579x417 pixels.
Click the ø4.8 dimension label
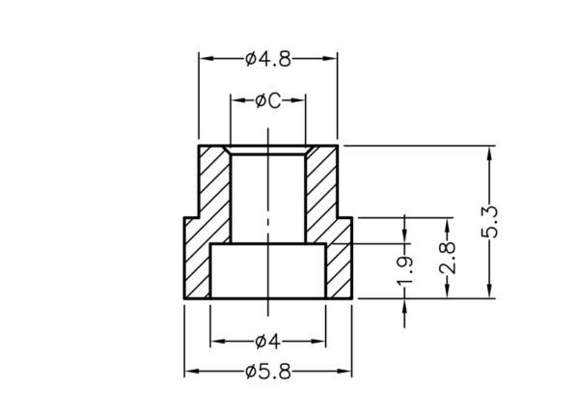[x=268, y=60]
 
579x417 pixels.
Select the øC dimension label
[x=267, y=100]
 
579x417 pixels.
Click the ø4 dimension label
[x=267, y=341]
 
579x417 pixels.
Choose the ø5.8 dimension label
[x=268, y=371]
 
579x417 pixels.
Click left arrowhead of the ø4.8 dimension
[x=205, y=60]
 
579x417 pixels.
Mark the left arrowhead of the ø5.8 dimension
[x=190, y=371]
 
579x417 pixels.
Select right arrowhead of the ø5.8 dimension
[x=346, y=371]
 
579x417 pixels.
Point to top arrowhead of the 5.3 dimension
[x=491, y=152]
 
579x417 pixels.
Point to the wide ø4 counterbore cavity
[x=267, y=272]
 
